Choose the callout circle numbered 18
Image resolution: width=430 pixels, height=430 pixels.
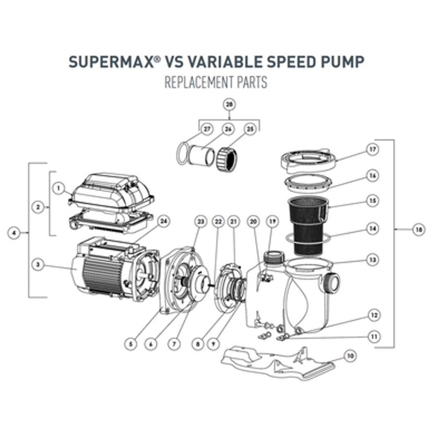[419, 230]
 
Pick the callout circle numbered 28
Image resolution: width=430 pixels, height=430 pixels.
[229, 105]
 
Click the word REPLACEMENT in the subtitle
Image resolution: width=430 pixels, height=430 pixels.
[197, 83]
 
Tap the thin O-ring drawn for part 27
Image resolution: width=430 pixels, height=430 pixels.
[182, 154]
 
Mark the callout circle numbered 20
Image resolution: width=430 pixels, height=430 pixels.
[253, 221]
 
